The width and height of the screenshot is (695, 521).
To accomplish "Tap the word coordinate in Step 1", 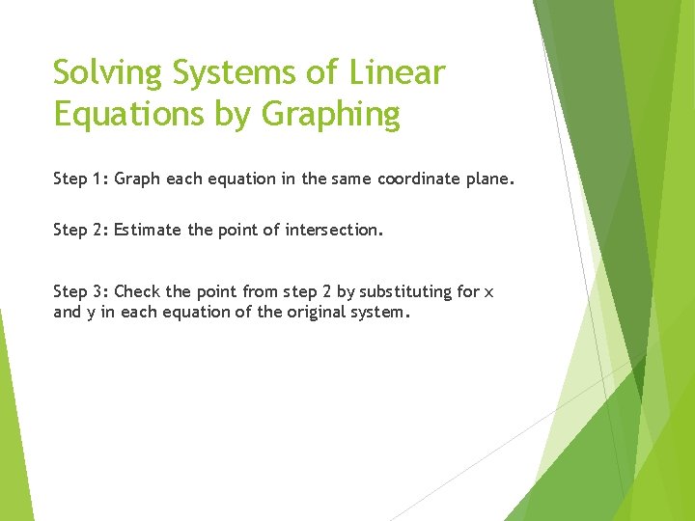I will click(x=416, y=178).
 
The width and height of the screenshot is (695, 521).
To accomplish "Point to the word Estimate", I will click(x=147, y=230).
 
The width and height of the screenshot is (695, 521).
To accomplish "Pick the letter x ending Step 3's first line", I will click(x=488, y=292).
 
